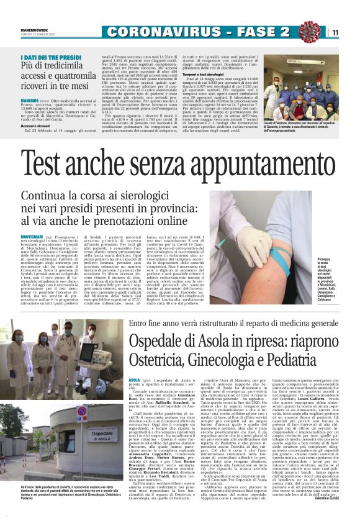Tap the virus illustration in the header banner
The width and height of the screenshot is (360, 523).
coord(309,32)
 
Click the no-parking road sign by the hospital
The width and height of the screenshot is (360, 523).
coord(82,411)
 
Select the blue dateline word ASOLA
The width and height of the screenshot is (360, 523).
coord(135,379)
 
